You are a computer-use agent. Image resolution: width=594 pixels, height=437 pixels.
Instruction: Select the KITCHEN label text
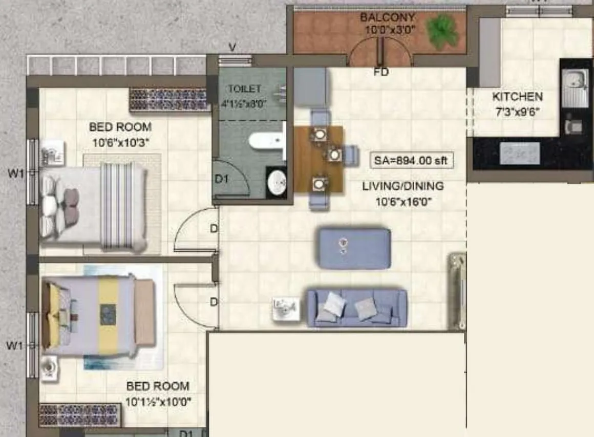coord(517,97)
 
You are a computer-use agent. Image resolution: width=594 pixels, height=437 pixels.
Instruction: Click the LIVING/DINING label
coord(403,186)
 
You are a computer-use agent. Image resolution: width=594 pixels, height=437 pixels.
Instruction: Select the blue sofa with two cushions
coord(356,308)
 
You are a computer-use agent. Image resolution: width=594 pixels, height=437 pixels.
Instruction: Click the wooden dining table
coord(319,159)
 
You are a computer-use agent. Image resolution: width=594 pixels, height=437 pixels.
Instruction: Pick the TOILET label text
coord(244,89)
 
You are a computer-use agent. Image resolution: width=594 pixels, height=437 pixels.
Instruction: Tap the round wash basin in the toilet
coord(277,181)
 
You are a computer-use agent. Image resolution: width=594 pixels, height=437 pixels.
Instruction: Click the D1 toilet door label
coord(221,179)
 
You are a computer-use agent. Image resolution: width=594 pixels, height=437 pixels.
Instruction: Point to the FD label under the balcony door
coord(381,72)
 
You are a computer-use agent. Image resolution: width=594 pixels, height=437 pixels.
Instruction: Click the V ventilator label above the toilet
coord(232,48)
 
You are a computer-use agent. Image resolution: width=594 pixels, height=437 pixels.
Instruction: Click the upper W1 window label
coord(15,173)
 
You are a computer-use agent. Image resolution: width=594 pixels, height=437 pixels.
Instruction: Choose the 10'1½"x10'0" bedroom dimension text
coord(158,402)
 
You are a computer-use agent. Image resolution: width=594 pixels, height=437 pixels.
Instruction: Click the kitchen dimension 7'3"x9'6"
coord(517,112)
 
